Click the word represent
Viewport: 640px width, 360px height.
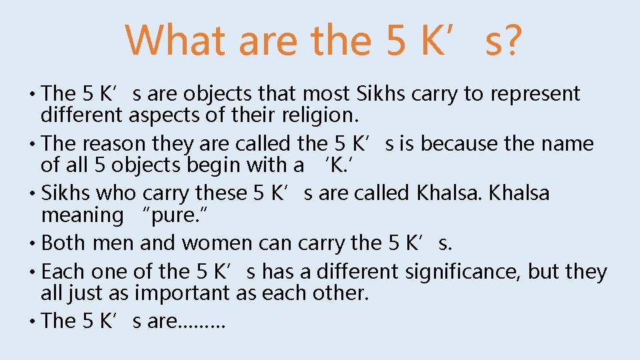point(535,95)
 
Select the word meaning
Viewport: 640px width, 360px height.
point(83,215)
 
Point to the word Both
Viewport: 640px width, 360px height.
point(64,243)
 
